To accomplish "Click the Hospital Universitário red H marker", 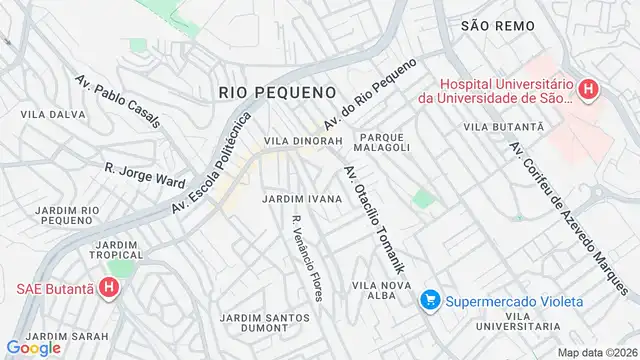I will [x=588, y=90].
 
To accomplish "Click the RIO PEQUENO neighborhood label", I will [x=277, y=92].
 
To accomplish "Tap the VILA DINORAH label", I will [x=304, y=141].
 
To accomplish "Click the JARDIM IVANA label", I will [x=302, y=199].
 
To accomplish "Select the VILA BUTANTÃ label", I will [x=503, y=128].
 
